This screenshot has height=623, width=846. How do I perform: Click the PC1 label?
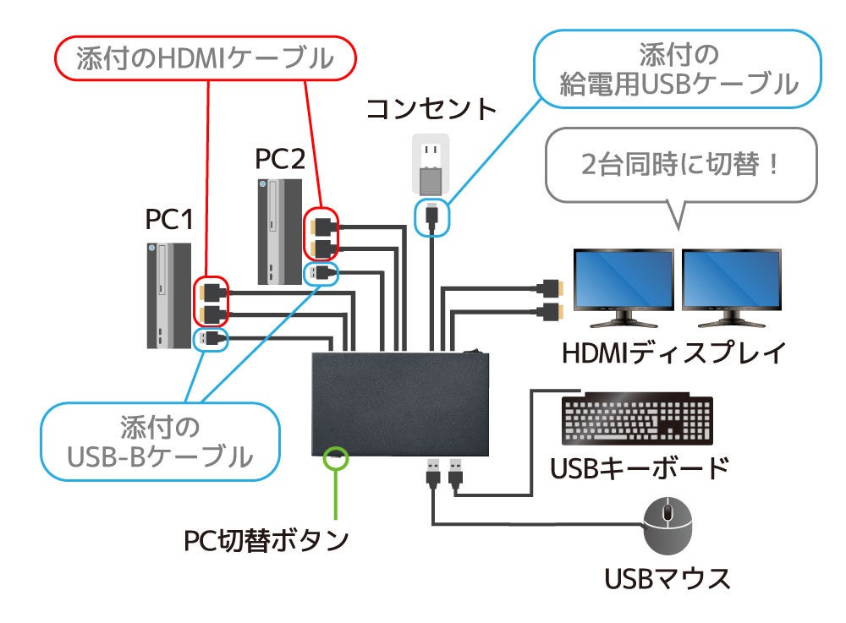[x=169, y=220]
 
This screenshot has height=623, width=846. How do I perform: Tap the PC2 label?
[x=279, y=158]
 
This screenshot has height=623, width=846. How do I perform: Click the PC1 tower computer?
[x=168, y=296]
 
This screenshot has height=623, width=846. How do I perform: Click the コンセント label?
[x=431, y=109]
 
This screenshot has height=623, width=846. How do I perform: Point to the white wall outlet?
[x=431, y=166]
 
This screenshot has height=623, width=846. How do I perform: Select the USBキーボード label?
[x=639, y=467]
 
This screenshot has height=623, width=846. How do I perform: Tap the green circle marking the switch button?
[x=337, y=457]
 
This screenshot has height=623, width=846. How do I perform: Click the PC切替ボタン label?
[x=266, y=539]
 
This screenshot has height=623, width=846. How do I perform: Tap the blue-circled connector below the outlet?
[x=432, y=215]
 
